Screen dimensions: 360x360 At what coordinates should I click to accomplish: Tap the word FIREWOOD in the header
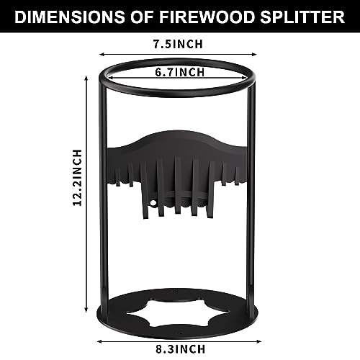click(x=207, y=17)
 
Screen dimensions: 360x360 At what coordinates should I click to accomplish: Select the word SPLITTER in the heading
click(x=302, y=17)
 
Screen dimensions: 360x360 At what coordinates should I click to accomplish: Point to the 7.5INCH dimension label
click(x=178, y=44)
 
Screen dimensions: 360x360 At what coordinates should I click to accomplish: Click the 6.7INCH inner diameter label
click(x=180, y=72)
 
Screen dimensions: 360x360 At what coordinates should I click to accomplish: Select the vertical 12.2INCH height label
click(x=77, y=178)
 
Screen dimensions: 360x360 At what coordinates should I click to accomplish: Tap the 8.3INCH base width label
click(x=181, y=349)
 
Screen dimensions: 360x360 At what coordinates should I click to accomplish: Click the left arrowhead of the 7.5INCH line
click(x=102, y=55)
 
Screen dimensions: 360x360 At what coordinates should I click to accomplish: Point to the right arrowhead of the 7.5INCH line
click(x=254, y=55)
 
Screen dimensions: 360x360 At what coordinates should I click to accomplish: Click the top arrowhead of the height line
click(x=86, y=78)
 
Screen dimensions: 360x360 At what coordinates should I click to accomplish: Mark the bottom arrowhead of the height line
click(x=86, y=310)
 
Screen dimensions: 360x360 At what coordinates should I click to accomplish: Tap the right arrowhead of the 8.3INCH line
click(x=258, y=341)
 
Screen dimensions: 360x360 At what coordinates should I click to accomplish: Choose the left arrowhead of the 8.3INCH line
click(x=99, y=341)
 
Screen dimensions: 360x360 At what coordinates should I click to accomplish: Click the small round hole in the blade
click(x=153, y=203)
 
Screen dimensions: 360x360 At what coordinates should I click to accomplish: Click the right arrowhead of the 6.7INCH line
click(x=245, y=78)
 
